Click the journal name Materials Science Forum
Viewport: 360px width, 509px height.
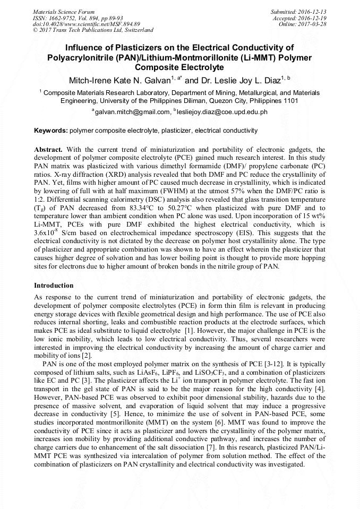pyautogui.click(x=64, y=12)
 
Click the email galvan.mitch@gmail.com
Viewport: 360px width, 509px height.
pyautogui.click(x=132, y=112)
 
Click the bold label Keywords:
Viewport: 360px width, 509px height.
pyautogui.click(x=51, y=131)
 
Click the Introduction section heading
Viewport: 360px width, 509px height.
pyautogui.click(x=54, y=286)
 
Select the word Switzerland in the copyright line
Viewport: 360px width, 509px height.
pyautogui.click(x=136, y=31)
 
